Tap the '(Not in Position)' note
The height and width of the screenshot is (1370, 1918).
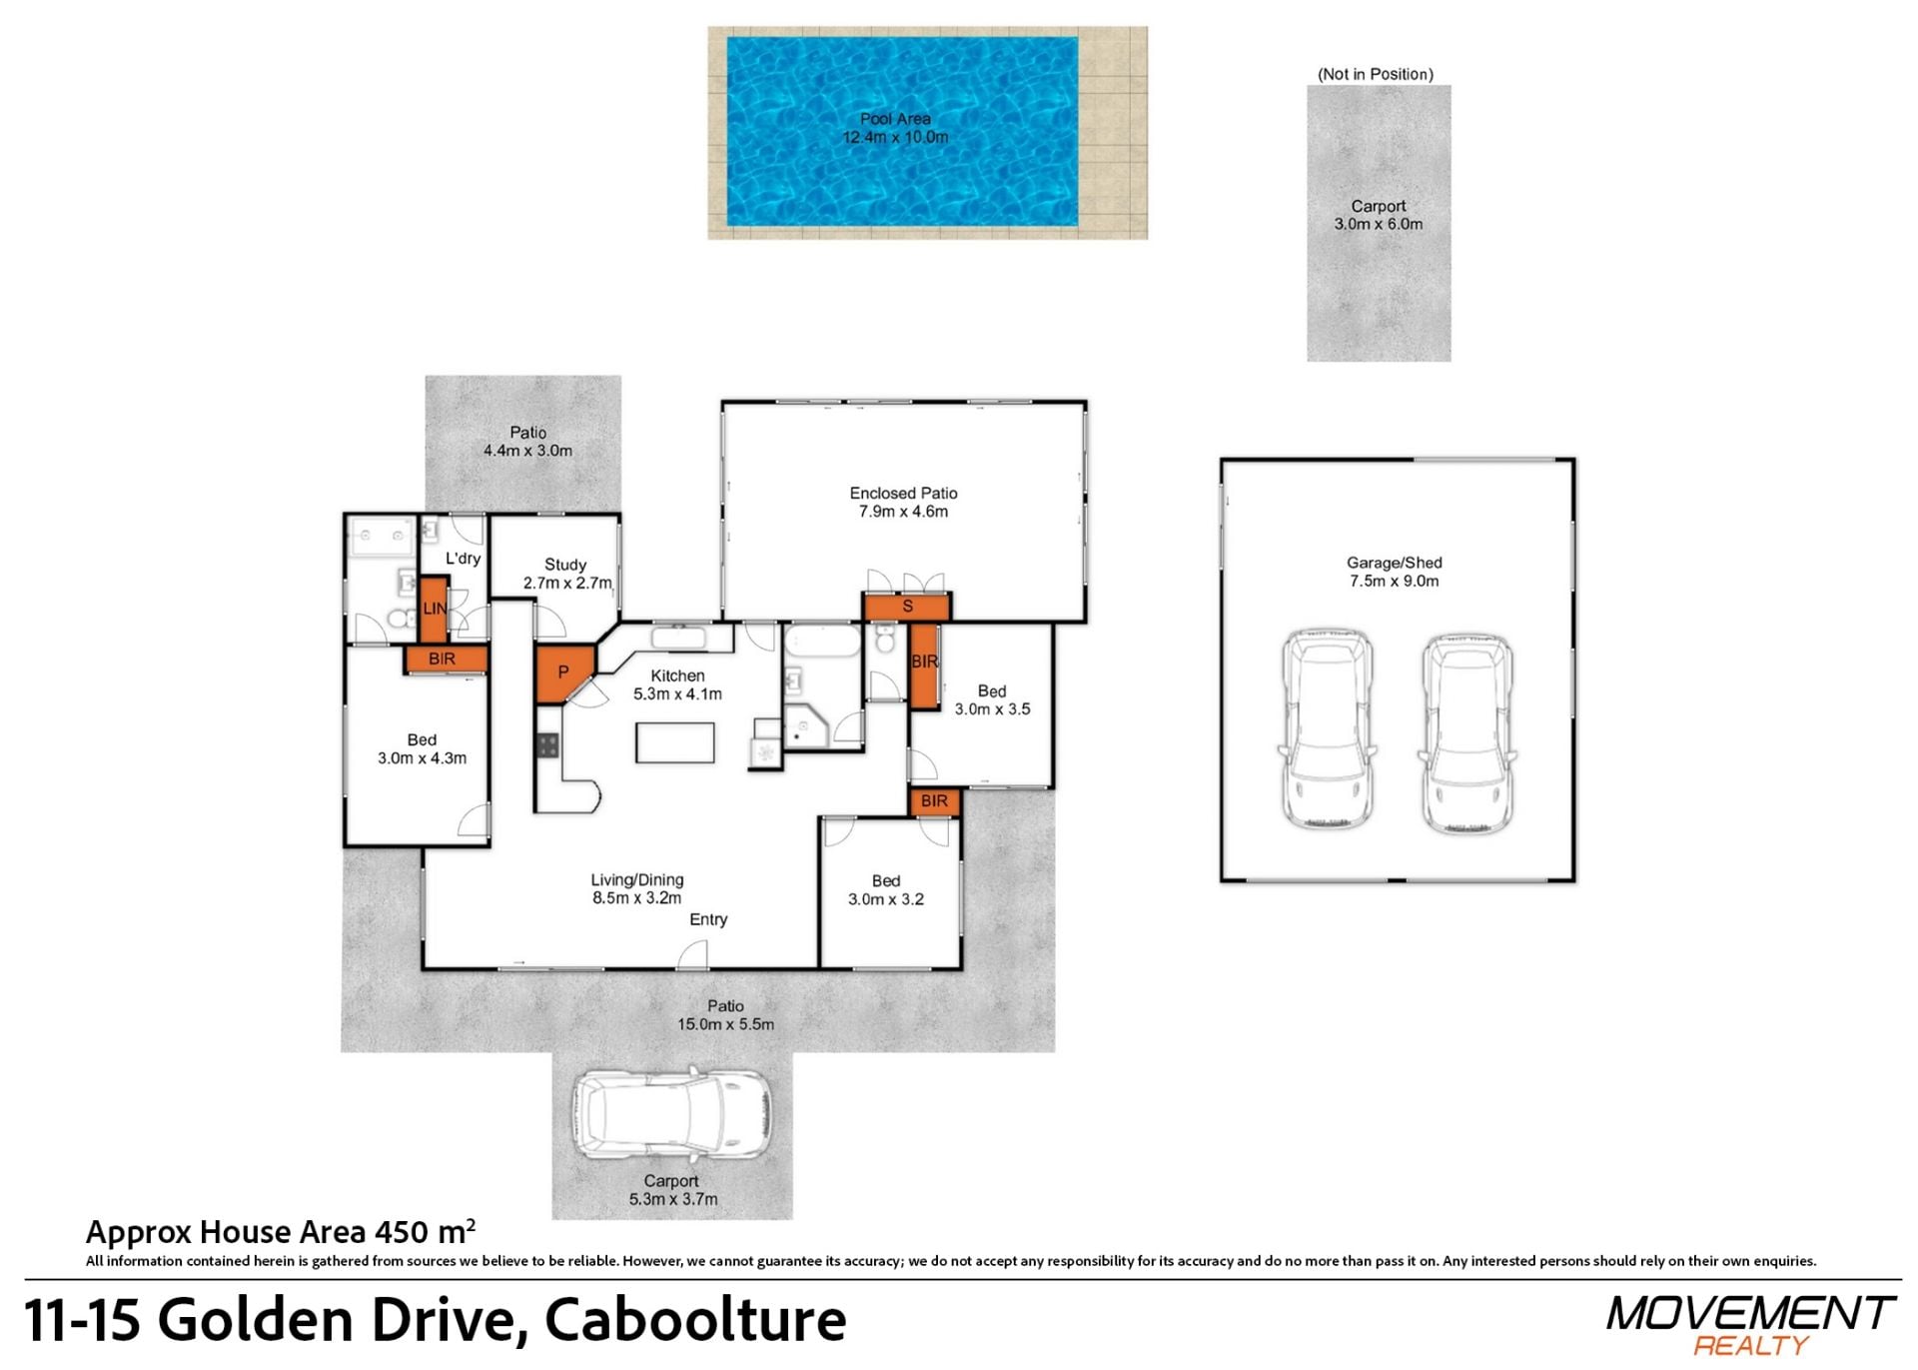pyautogui.click(x=1376, y=74)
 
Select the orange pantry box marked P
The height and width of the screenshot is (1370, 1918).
pyautogui.click(x=564, y=674)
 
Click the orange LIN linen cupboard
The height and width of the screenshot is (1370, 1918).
pyautogui.click(x=434, y=609)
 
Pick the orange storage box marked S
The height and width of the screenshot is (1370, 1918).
pyautogui.click(x=907, y=607)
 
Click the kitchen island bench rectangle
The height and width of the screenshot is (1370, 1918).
pyautogui.click(x=675, y=742)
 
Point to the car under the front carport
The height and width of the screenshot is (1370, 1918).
pyautogui.click(x=671, y=1113)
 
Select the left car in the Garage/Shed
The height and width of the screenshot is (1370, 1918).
pyautogui.click(x=1327, y=729)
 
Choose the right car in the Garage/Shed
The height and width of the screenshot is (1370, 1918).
pyautogui.click(x=1466, y=733)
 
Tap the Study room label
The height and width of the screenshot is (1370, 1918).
pyautogui.click(x=565, y=565)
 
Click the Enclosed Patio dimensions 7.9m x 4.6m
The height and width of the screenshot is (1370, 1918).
pyautogui.click(x=903, y=512)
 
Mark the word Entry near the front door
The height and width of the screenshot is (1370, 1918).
pyautogui.click(x=708, y=919)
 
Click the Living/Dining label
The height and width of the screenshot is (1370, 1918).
pyautogui.click(x=637, y=880)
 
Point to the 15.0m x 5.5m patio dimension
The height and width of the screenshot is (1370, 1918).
pyautogui.click(x=725, y=1024)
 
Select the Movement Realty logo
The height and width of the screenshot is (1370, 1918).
pyautogui.click(x=1750, y=1325)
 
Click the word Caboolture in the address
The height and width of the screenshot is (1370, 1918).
pyautogui.click(x=695, y=1320)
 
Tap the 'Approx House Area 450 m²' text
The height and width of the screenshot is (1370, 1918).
pyautogui.click(x=281, y=1231)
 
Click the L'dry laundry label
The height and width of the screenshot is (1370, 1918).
pyautogui.click(x=463, y=559)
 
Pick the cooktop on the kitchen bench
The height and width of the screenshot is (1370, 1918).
pyautogui.click(x=547, y=744)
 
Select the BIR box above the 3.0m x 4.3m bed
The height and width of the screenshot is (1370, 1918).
pyautogui.click(x=445, y=659)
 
